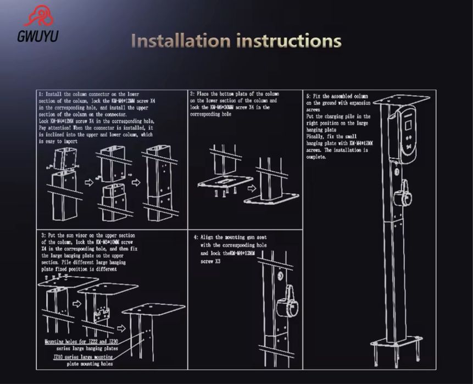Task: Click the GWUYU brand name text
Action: pos(37,37)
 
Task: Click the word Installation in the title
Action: pos(181,41)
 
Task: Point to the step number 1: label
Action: pos(41,94)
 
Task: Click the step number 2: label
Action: pos(192,94)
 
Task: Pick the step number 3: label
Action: pos(43,235)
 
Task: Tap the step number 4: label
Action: pos(196,237)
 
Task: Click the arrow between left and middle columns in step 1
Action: pos(89,182)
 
